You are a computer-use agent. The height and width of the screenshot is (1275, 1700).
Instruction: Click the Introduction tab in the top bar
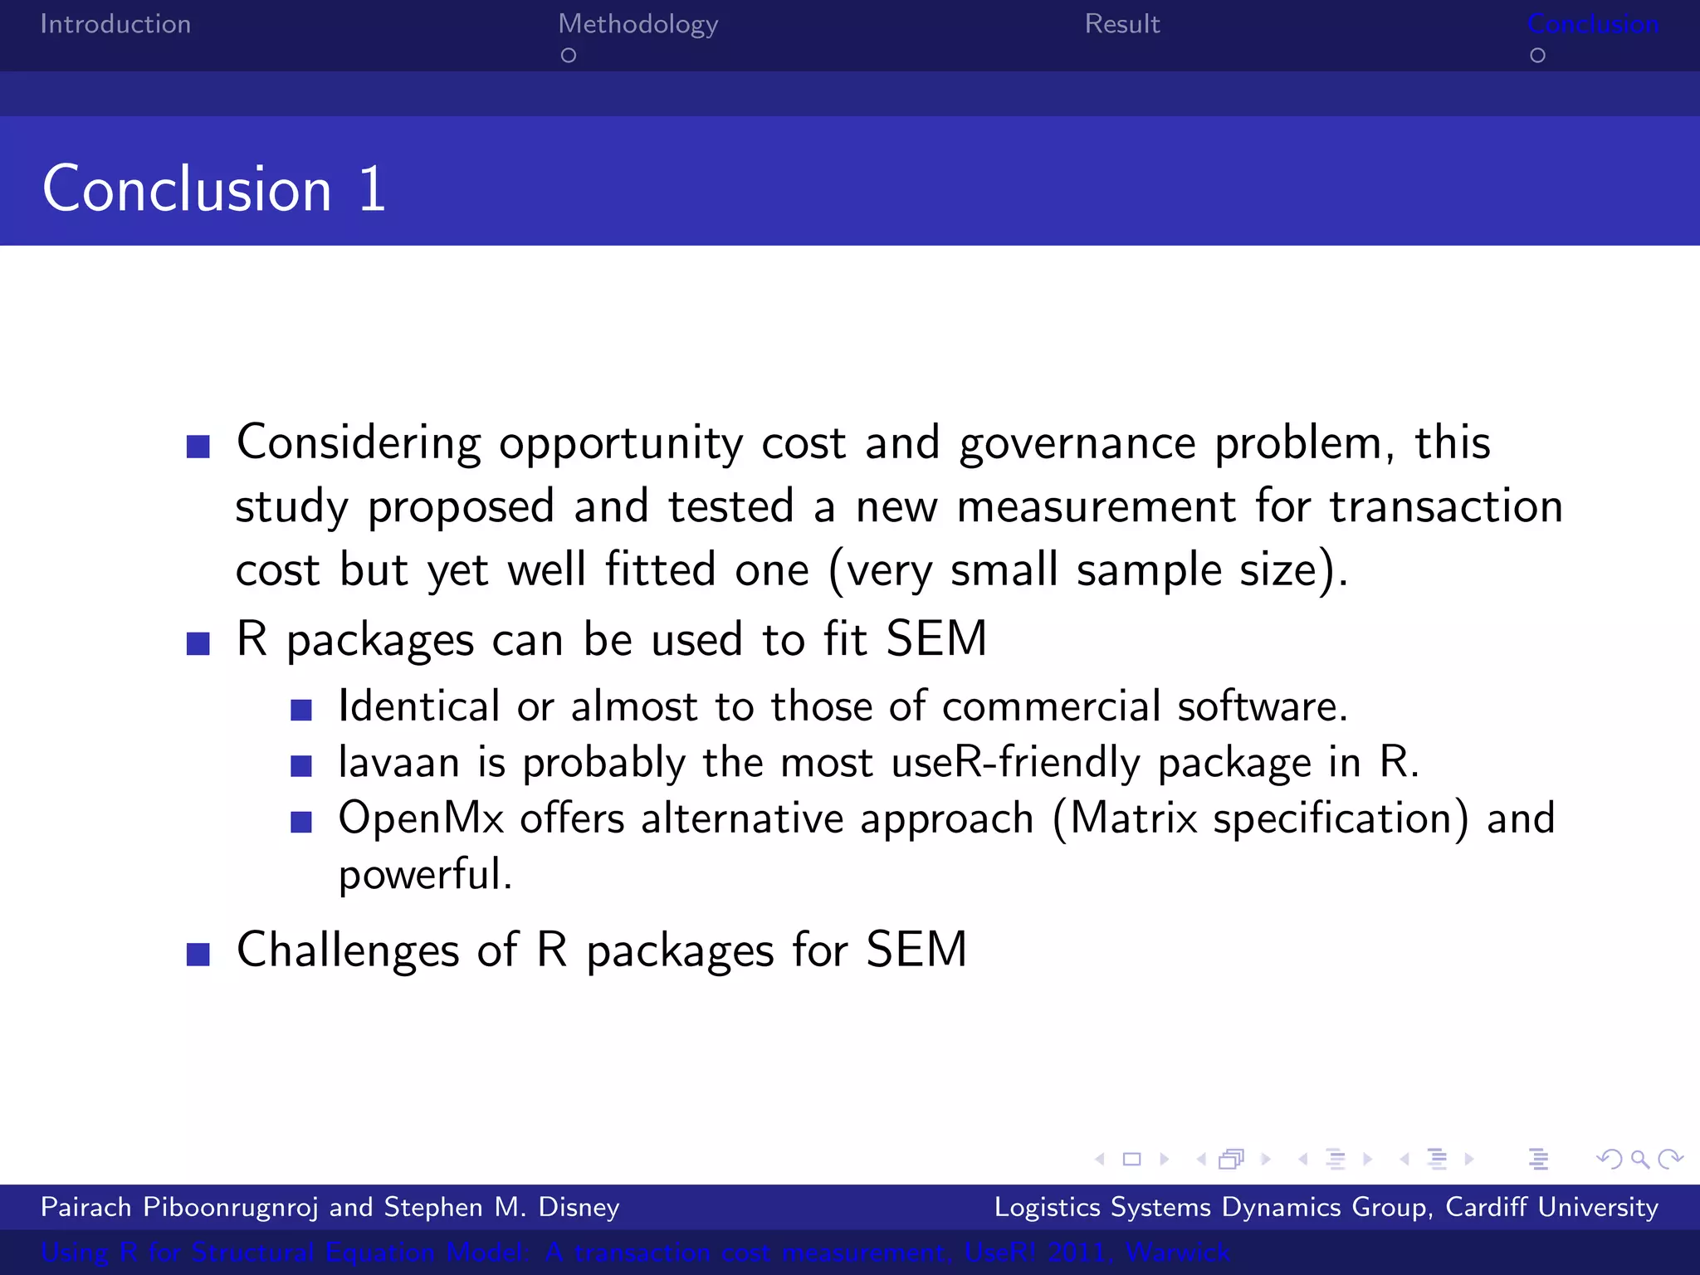click(115, 24)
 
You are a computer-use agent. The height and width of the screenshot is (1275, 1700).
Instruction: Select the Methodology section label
click(637, 25)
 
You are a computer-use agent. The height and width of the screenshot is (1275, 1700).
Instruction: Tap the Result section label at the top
click(1121, 24)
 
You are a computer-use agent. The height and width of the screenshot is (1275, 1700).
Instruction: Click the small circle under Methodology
click(569, 56)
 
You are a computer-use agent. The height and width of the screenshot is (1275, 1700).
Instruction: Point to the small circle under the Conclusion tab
click(1537, 56)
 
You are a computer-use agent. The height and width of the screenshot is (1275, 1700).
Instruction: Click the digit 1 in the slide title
click(372, 189)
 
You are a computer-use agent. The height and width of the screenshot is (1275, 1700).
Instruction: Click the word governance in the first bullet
click(1077, 443)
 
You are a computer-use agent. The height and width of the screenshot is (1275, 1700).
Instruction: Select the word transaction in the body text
click(1446, 506)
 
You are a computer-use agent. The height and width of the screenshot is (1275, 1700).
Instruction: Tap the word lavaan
click(398, 762)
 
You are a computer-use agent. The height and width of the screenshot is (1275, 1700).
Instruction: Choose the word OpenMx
click(421, 818)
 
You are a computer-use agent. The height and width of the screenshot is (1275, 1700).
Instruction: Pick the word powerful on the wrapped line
click(425, 875)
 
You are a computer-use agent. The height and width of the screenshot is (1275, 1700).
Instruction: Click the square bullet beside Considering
click(198, 447)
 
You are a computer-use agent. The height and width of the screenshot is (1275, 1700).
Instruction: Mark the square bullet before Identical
click(301, 710)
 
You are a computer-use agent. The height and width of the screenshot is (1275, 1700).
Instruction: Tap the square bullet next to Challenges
click(198, 954)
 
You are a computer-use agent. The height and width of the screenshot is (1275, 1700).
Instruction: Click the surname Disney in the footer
click(579, 1207)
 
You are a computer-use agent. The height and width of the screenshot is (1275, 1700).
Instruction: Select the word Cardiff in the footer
click(1486, 1207)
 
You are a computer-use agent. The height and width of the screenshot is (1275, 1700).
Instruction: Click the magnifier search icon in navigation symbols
click(1639, 1159)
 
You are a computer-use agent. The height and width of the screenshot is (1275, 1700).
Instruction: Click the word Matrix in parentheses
click(1133, 818)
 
